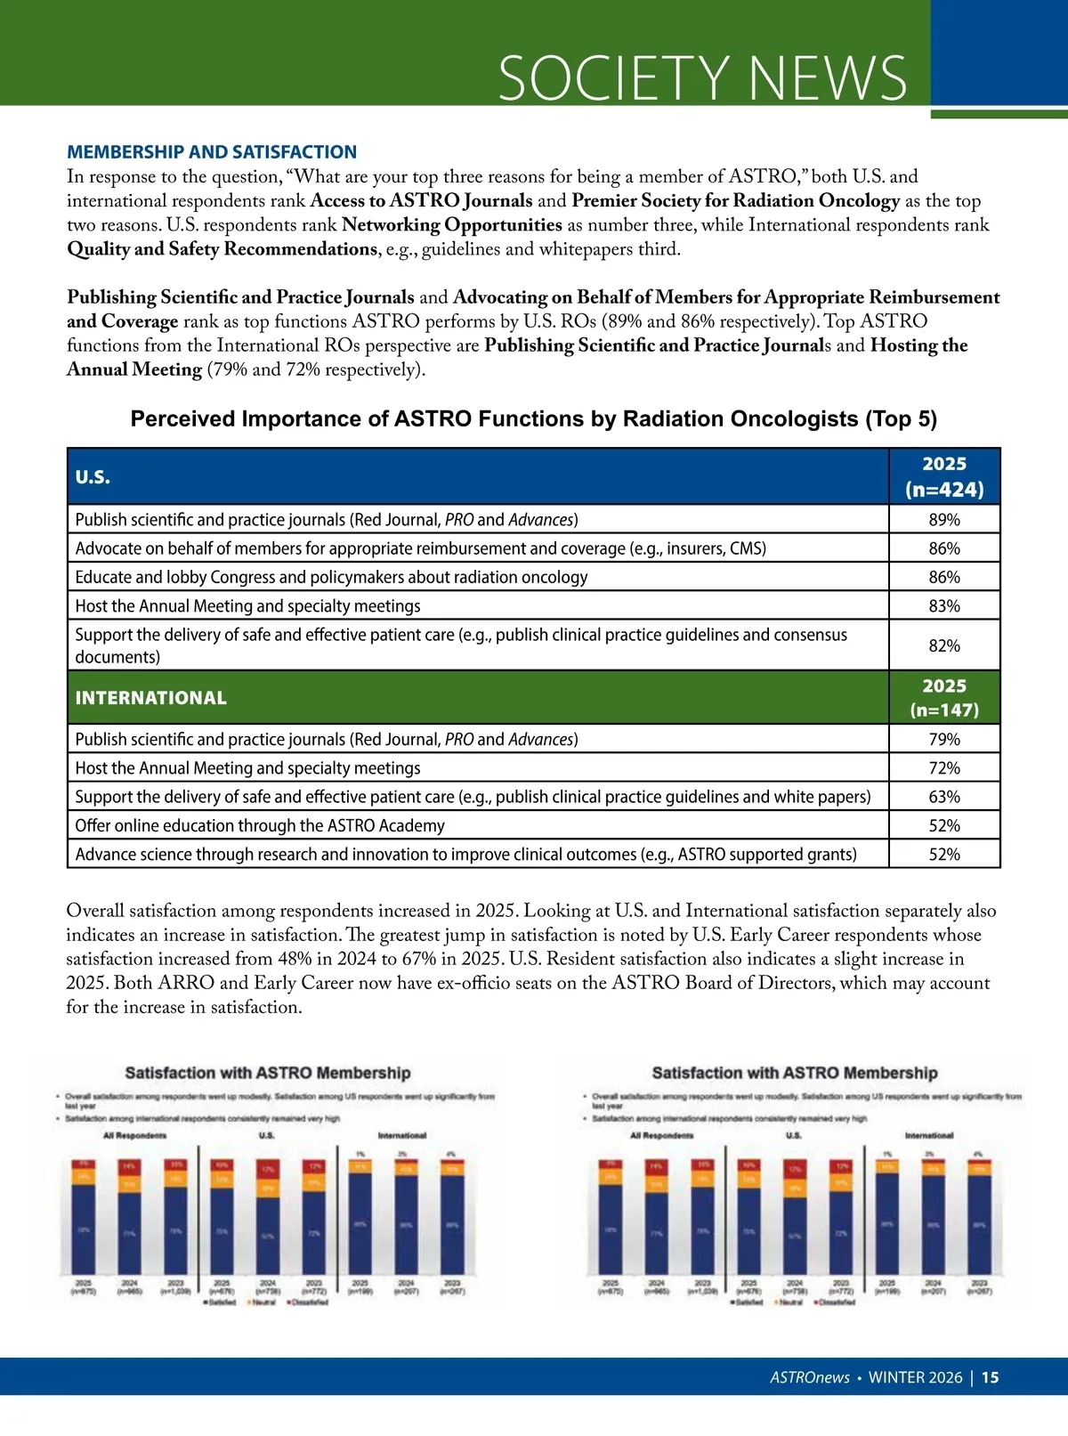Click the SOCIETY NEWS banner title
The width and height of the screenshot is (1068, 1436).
702,78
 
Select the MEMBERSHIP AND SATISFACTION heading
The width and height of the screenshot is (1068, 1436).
212,152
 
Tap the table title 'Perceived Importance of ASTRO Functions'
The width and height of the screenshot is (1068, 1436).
534,419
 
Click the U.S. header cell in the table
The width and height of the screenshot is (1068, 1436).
93,477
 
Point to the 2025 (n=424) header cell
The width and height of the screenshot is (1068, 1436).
944,477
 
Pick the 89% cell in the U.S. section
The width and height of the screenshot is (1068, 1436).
944,520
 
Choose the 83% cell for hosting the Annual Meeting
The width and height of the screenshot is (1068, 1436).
944,606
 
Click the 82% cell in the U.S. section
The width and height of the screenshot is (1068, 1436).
944,645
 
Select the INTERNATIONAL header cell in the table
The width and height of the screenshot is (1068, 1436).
151,698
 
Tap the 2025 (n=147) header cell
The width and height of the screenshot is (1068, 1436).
944,698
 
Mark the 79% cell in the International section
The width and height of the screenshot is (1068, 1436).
944,740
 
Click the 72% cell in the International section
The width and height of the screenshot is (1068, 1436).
944,768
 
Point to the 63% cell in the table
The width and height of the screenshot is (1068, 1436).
944,797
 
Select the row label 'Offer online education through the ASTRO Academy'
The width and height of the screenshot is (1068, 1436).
260,826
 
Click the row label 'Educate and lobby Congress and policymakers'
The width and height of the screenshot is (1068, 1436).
331,577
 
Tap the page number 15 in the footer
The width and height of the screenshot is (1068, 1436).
990,1377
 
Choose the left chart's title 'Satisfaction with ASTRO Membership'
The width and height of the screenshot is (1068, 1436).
268,1074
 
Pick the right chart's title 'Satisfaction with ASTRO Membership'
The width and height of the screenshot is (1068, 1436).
795,1074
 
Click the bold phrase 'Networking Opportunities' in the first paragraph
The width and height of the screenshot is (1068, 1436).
451,225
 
